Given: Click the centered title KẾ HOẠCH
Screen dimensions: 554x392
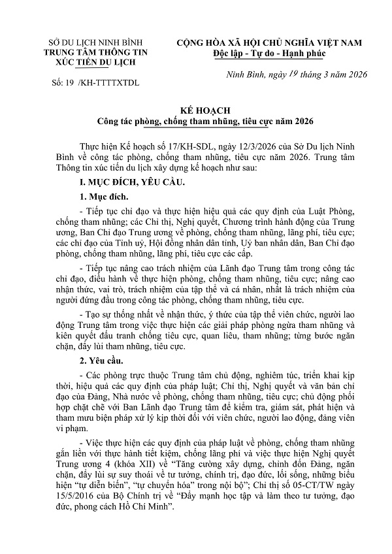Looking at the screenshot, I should pyautogui.click(x=195, y=110).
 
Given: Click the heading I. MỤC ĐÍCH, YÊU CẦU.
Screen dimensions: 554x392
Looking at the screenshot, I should pyautogui.click(x=126, y=180).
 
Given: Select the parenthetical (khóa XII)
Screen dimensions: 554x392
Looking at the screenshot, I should pyautogui.click(x=127, y=461).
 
